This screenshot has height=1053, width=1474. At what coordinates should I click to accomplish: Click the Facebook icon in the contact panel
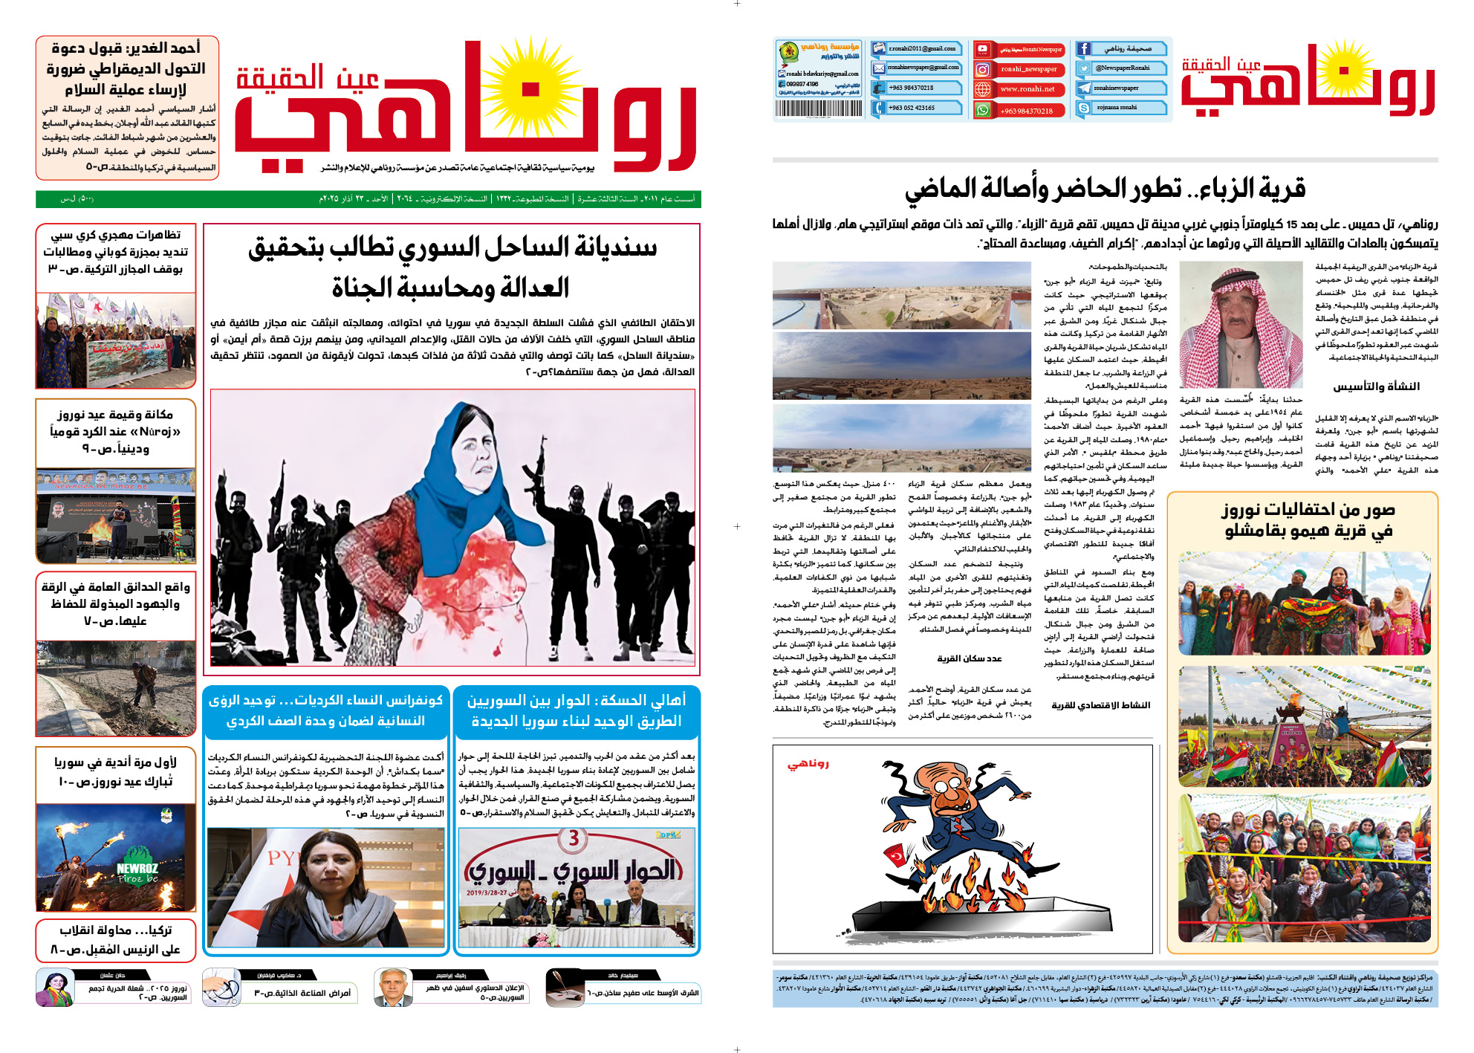click(1083, 49)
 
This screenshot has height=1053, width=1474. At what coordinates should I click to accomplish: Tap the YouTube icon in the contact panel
click(982, 50)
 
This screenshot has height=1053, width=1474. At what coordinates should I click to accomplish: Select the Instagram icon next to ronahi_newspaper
click(982, 69)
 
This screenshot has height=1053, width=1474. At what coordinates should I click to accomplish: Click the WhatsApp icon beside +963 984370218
click(982, 110)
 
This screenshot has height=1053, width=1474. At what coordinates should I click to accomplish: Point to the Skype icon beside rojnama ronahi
click(1083, 108)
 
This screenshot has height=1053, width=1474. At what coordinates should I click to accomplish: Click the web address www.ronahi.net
click(1027, 89)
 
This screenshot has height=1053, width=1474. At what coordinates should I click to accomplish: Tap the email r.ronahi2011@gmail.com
click(922, 49)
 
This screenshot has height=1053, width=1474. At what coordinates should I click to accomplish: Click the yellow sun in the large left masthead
click(530, 88)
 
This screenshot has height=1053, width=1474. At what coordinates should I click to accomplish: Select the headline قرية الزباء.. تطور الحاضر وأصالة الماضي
click(1105, 189)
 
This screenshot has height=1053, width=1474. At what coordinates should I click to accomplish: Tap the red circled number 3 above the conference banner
click(573, 838)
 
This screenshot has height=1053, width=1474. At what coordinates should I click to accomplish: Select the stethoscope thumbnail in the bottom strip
click(221, 988)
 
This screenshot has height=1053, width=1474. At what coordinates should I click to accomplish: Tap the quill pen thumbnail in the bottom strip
click(565, 988)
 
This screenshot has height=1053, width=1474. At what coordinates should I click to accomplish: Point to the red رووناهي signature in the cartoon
click(808, 763)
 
